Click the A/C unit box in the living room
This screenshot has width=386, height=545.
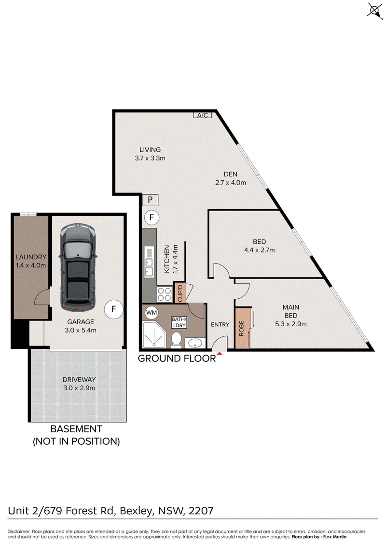tap(203, 115)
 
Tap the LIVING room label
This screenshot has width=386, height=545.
tap(150, 150)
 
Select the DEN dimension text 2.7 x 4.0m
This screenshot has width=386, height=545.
tap(231, 183)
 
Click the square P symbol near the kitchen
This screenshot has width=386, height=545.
tap(151, 200)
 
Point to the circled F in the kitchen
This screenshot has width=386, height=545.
tap(152, 218)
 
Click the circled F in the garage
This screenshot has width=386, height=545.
tap(113, 309)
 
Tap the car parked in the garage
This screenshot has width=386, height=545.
tap(78, 267)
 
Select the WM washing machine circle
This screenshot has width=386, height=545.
tap(152, 313)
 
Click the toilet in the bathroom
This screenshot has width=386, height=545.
tap(177, 340)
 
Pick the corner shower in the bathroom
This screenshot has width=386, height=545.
tap(154, 335)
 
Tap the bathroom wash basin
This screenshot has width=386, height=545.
tap(195, 343)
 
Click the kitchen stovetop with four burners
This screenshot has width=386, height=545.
tap(165, 294)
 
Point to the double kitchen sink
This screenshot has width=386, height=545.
tap(149, 262)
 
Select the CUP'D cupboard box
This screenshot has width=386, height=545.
tap(180, 293)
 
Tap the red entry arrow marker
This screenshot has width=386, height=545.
tap(220, 354)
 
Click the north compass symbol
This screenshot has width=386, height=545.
tap(374, 10)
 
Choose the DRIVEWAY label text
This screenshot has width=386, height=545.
tap(79, 380)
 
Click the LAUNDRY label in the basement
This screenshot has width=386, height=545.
tap(31, 257)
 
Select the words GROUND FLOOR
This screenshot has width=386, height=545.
tap(177, 359)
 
